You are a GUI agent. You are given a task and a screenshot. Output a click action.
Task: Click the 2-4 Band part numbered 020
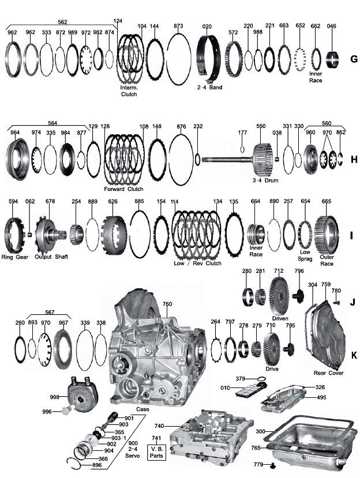[209, 59]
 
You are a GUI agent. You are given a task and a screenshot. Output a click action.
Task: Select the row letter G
[353, 59]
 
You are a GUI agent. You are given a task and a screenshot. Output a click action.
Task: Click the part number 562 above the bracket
[62, 21]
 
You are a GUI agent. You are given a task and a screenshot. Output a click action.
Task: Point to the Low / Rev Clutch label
[198, 262]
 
